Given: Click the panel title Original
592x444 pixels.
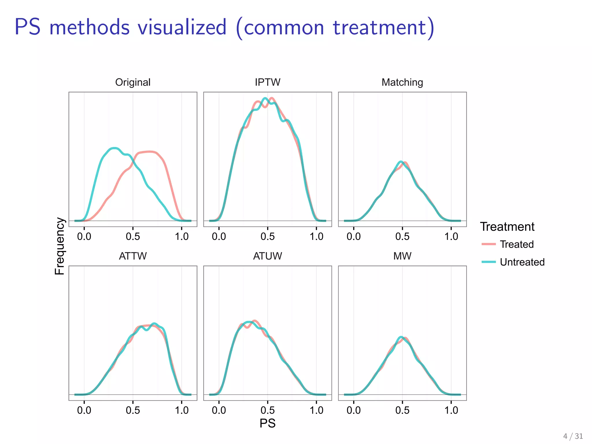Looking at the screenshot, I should pos(133,82).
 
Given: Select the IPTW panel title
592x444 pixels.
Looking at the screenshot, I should pos(267,82).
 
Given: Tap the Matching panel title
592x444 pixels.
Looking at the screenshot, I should pos(402,82).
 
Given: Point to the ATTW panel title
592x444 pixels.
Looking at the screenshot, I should pos(133,256).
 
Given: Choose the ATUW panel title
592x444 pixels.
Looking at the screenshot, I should pos(267,256).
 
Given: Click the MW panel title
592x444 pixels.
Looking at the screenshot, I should pos(402,256).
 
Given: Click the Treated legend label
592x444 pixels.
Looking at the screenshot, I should pos(517,245).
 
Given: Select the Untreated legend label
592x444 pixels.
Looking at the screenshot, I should pos(522,262).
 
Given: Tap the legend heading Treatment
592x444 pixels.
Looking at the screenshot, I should pos(507,227).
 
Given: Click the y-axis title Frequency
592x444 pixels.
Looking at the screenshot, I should pos(60,246).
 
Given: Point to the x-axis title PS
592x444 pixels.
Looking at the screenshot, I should pos(267,423).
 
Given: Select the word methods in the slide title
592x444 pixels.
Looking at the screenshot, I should pos(90,27).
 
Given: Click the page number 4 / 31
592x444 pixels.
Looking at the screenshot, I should pos(573,436).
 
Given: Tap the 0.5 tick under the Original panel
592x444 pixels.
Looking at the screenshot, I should pos(133,237).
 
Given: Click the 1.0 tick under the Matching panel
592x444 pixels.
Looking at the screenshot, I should pos(451,237).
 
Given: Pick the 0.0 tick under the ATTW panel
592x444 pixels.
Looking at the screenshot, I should pos(84,410).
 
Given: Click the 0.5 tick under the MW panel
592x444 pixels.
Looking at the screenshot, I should pos(402,410).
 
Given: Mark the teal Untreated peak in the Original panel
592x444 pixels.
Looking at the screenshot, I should pos(114,148).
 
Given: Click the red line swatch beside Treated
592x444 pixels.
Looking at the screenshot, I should pos(489,244).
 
